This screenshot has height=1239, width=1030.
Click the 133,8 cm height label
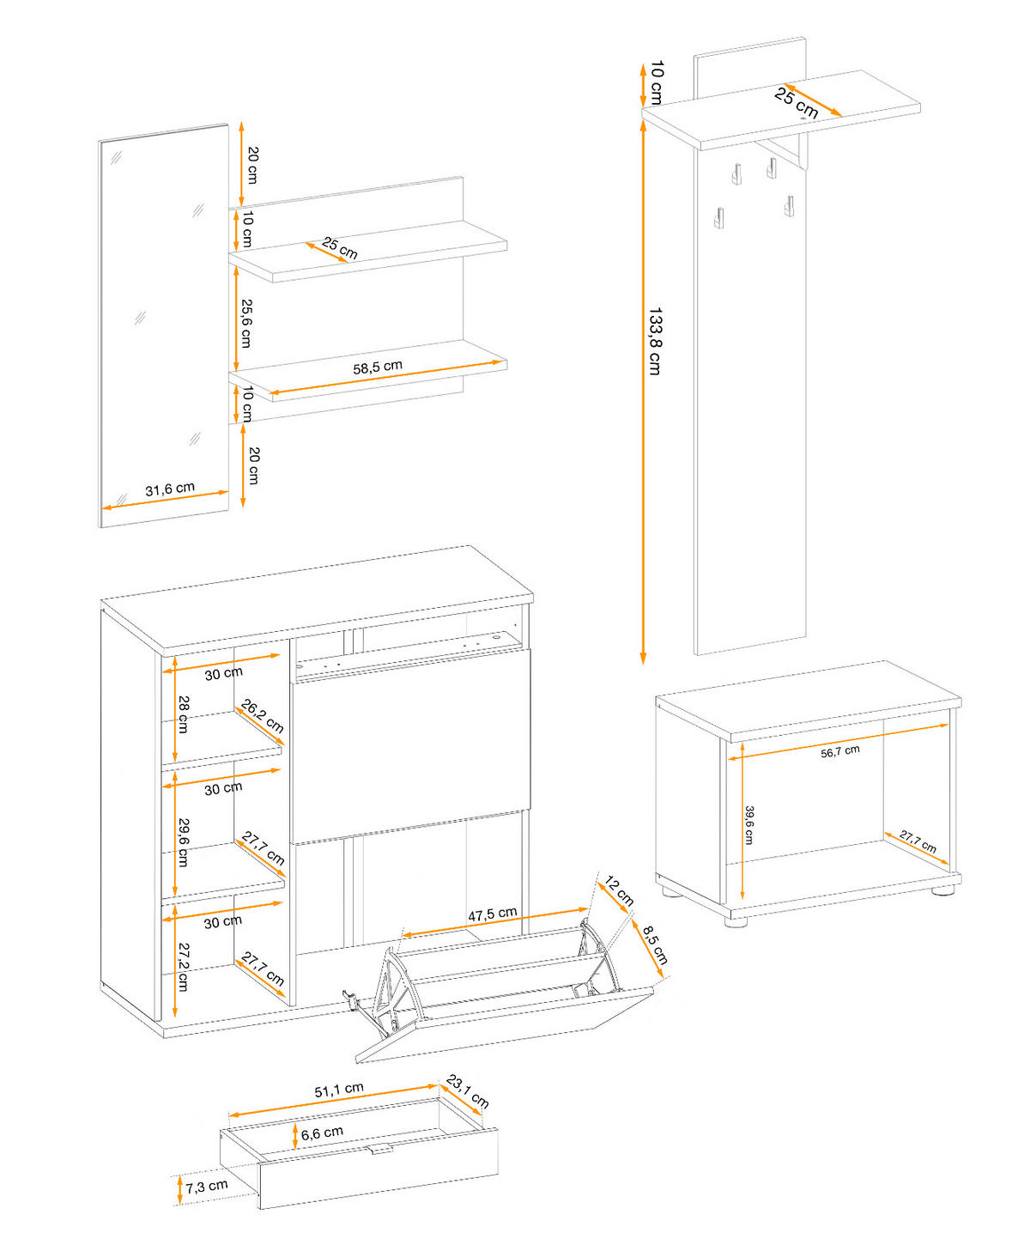click(x=655, y=341)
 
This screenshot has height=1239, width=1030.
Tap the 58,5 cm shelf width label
click(x=378, y=367)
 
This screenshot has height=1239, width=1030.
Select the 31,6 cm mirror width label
click(x=170, y=489)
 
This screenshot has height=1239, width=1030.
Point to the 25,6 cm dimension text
click(x=246, y=324)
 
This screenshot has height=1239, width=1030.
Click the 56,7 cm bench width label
click(x=839, y=751)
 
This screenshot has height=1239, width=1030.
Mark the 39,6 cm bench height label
click(x=749, y=824)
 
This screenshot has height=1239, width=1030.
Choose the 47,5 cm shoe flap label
click(x=492, y=914)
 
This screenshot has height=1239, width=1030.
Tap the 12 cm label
click(x=619, y=891)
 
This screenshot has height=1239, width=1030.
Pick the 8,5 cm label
click(x=655, y=944)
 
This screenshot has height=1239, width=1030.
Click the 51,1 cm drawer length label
click(x=338, y=1090)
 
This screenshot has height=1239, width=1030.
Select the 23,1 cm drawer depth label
click(x=468, y=1091)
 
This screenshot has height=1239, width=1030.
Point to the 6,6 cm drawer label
click(x=322, y=1133)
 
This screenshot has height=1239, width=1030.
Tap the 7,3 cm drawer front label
click(x=207, y=1187)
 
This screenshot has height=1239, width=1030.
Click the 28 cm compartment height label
click(x=183, y=714)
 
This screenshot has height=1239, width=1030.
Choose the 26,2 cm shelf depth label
click(x=263, y=716)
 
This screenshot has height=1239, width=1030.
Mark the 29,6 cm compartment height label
click(x=184, y=841)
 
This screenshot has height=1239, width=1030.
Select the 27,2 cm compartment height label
click(x=183, y=967)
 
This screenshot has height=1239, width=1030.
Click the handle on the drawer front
click(x=379, y=1149)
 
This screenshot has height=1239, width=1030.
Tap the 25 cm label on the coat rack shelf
click(x=796, y=102)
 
